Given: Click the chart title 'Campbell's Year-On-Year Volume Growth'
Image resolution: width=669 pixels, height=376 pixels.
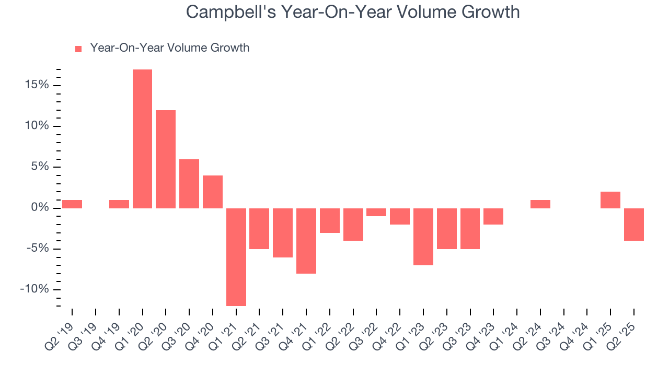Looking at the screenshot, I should (353, 12).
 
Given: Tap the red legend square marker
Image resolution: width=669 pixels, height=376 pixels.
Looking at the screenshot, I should (78, 49).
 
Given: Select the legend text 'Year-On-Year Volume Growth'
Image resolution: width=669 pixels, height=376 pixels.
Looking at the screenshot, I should (169, 48).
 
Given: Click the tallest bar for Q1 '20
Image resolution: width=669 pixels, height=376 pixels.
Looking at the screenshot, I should (142, 139).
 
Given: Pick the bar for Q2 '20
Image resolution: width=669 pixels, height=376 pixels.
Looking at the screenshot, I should (166, 159).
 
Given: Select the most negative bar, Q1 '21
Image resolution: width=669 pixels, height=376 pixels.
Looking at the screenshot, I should (236, 257).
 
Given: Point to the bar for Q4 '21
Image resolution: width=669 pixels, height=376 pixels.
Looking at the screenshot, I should (306, 241).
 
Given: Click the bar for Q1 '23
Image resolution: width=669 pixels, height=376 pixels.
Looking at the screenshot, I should (423, 237).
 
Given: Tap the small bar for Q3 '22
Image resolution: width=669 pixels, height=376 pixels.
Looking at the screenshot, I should (376, 212).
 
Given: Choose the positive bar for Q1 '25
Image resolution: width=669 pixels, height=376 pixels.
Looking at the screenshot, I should (610, 200).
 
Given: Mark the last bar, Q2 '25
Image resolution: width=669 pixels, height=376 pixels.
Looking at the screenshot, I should (634, 225).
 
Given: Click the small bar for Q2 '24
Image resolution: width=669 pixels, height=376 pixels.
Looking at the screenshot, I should (540, 204).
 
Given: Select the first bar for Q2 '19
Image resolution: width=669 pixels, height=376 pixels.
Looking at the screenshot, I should (72, 204).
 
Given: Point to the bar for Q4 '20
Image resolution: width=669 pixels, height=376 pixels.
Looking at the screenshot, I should (213, 192).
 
